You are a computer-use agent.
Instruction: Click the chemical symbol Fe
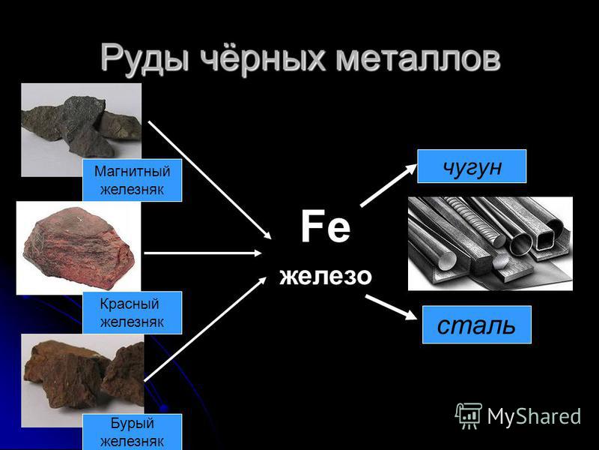point(326,226)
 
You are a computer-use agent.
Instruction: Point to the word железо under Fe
point(326,276)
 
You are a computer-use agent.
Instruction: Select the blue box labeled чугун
point(472,166)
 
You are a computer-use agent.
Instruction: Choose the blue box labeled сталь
point(477,325)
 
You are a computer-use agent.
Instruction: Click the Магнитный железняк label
point(133,180)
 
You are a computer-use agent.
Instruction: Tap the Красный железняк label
point(133,313)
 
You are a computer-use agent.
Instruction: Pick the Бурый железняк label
point(133,432)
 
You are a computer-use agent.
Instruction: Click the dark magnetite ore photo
point(82,130)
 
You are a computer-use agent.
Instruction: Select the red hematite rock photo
point(79,248)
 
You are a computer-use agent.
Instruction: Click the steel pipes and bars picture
point(490,244)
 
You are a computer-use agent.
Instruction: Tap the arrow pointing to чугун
point(389,185)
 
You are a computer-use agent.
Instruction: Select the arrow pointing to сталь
point(391,307)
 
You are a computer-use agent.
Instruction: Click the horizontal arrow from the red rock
point(203,253)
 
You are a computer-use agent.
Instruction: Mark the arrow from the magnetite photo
point(210,180)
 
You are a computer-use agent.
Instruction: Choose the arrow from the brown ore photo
point(205,328)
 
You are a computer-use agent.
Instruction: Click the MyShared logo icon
point(469,415)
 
